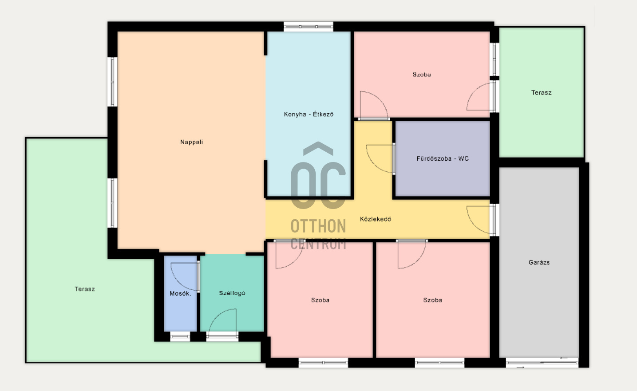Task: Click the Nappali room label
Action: click(x=191, y=142)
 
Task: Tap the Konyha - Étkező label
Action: click(x=309, y=115)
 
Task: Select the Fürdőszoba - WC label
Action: click(x=443, y=159)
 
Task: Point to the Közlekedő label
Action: click(x=376, y=219)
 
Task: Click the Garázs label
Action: click(x=539, y=262)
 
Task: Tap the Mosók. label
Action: click(x=180, y=293)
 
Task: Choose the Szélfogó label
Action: click(x=232, y=293)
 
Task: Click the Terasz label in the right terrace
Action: click(x=541, y=93)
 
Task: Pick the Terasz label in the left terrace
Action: click(x=84, y=289)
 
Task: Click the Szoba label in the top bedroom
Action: click(x=421, y=75)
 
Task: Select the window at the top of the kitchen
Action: click(x=309, y=27)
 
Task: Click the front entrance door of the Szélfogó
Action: click(x=222, y=337)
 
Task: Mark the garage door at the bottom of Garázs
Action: click(x=542, y=363)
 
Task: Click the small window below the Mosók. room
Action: click(x=180, y=337)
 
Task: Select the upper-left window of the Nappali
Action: click(x=112, y=82)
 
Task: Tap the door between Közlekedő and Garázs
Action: click(x=494, y=220)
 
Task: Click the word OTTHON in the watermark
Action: click(x=318, y=226)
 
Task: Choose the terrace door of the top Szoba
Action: click(x=494, y=97)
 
